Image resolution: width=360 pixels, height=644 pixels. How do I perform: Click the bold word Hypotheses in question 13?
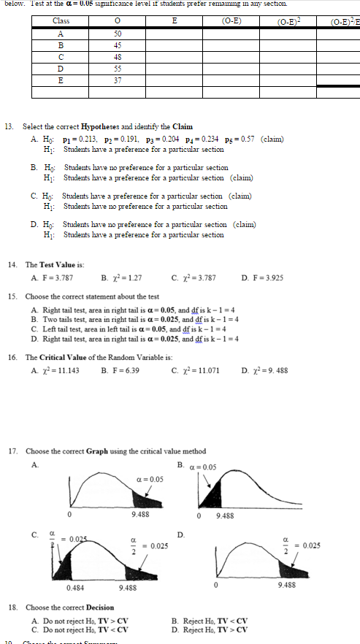coord(99,126)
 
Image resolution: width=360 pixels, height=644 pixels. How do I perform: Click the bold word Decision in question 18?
coord(99,607)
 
